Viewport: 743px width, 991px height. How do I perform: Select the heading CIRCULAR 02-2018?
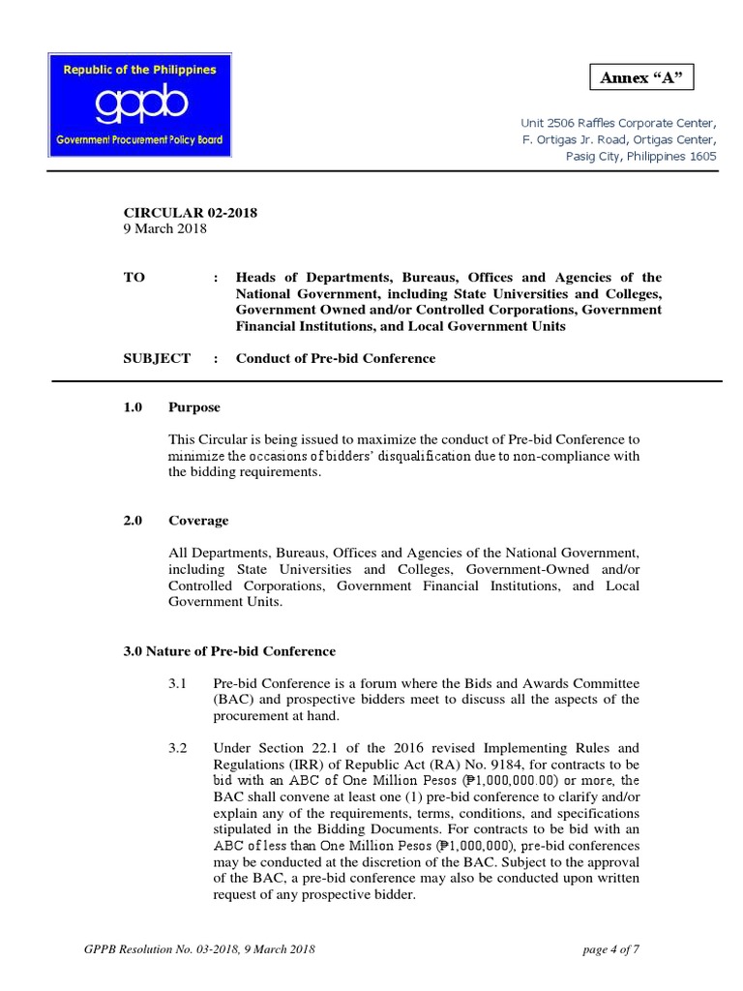click(x=190, y=213)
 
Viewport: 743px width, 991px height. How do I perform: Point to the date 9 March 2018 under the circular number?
click(x=164, y=229)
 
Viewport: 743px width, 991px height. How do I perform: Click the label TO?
click(x=134, y=277)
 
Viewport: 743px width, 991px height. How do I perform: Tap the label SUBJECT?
click(x=157, y=358)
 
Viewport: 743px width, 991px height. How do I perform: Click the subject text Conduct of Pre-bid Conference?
click(x=336, y=358)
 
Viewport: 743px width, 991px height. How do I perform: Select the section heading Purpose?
click(x=194, y=407)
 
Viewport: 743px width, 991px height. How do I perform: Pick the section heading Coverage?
click(x=198, y=521)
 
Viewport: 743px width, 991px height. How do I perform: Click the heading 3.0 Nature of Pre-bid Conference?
click(x=229, y=651)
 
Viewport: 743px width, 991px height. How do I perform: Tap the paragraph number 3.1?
click(x=177, y=684)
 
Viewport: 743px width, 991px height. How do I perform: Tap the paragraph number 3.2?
click(x=177, y=748)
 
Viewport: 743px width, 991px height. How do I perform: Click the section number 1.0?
click(x=133, y=407)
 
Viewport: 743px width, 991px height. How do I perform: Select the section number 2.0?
click(x=133, y=521)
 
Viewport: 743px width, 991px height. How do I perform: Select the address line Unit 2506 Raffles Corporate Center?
click(x=619, y=123)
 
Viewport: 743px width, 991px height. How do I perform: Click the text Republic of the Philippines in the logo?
click(x=140, y=70)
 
